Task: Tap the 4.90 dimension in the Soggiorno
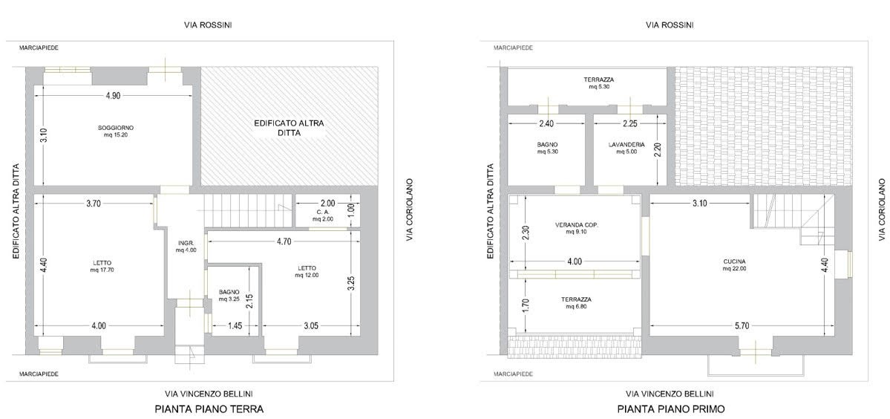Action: [113, 95]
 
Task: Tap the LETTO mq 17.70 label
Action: [102, 266]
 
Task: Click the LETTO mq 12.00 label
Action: [307, 271]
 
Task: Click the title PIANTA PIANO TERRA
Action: [209, 408]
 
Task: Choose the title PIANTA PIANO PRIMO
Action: [671, 408]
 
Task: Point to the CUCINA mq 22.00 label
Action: [734, 264]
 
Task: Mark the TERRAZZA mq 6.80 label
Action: [577, 302]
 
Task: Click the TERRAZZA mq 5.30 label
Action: [598, 83]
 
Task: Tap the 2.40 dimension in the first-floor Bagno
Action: [546, 124]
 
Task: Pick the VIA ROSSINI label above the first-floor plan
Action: [670, 25]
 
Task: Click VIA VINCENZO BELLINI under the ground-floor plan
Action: [209, 394]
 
